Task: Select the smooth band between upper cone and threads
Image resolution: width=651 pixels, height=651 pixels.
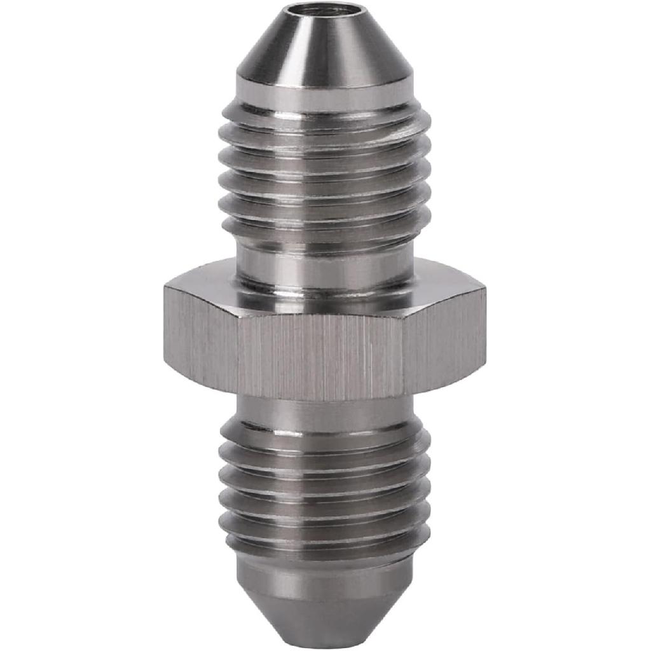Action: [325, 95]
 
